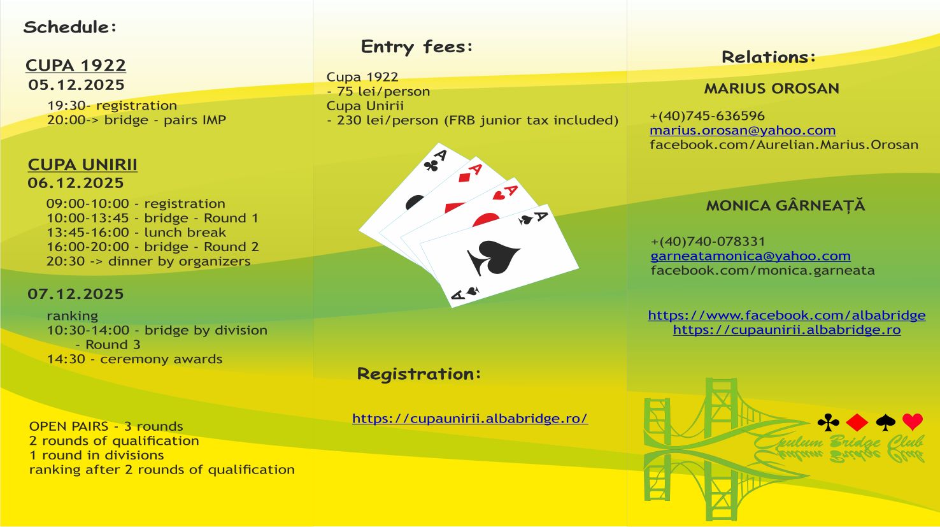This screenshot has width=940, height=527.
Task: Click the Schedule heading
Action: coord(70,27)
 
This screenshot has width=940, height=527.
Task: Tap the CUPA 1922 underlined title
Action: coord(76,66)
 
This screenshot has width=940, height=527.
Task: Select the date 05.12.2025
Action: coord(76,85)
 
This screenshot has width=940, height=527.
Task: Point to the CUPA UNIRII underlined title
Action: coord(83,165)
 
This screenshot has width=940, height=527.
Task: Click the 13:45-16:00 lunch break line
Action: coord(136,233)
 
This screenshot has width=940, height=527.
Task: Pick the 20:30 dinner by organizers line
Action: coord(148,261)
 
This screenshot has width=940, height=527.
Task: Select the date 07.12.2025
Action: coord(76,294)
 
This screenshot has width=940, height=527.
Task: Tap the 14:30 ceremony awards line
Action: coord(134,359)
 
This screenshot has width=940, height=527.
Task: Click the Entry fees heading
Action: coord(417,47)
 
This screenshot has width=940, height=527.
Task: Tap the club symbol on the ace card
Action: coord(431,166)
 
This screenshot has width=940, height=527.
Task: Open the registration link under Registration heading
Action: coord(470,419)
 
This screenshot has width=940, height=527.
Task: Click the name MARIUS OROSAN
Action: coord(771,89)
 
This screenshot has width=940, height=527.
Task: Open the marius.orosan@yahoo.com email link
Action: coord(743,131)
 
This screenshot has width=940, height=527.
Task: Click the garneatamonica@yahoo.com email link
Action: coord(750,256)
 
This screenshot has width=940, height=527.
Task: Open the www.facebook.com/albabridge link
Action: coord(787,315)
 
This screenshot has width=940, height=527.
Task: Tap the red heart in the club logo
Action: coord(913,422)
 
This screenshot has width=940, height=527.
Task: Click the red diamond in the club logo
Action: coord(857,422)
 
